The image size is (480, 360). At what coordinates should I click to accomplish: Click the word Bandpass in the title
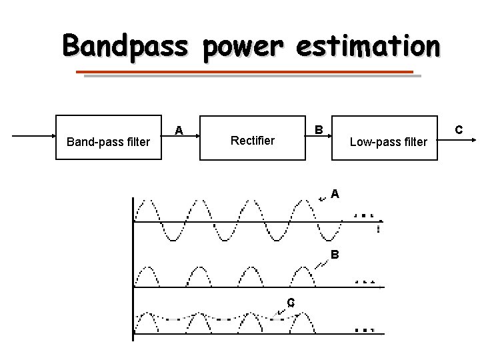click(x=127, y=47)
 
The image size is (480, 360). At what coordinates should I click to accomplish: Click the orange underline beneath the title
click(x=245, y=72)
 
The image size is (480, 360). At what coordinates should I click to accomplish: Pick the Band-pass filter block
click(x=109, y=141)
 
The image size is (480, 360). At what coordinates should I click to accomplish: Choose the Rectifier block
click(x=252, y=141)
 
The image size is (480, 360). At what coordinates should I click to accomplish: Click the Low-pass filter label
click(x=389, y=141)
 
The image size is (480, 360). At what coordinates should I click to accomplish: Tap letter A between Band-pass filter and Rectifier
click(x=179, y=130)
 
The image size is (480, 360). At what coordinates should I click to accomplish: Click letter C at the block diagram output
click(x=458, y=127)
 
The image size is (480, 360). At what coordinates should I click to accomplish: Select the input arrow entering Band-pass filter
click(x=33, y=136)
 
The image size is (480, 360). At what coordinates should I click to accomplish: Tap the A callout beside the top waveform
click(x=335, y=194)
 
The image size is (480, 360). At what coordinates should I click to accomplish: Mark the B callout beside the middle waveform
click(x=335, y=255)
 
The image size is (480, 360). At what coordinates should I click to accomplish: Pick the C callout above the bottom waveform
click(x=291, y=302)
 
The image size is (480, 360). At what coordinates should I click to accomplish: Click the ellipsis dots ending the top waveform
click(x=364, y=216)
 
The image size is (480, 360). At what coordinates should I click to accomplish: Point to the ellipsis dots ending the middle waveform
click(x=365, y=281)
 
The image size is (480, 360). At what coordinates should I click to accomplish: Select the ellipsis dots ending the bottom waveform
click(x=364, y=329)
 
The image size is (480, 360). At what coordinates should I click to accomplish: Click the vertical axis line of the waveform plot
click(x=133, y=267)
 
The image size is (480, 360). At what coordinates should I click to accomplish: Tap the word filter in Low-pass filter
click(x=413, y=141)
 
